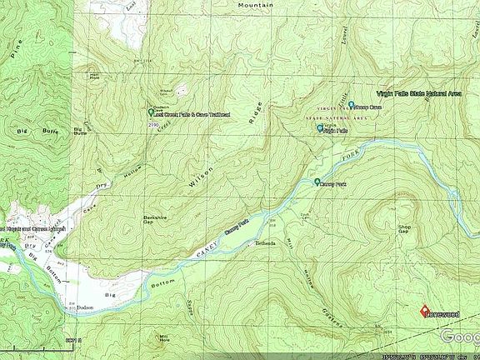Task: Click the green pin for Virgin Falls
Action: click(320, 129)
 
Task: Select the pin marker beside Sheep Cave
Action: click(352, 105)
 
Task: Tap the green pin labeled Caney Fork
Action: click(317, 182)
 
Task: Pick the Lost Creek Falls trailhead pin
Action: click(151, 112)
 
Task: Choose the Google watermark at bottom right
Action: click(459, 336)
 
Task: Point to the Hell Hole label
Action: click(96, 77)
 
